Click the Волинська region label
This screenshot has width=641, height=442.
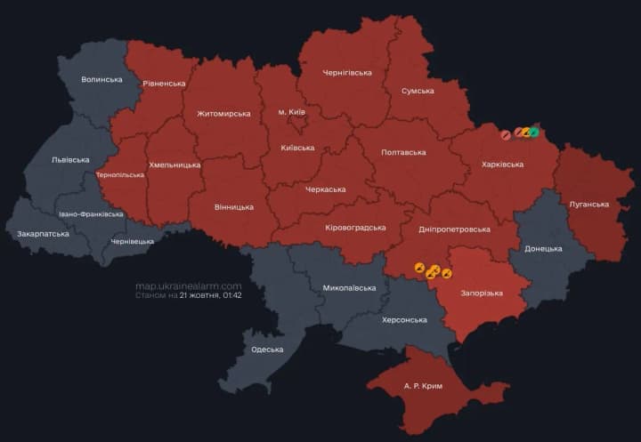[101, 79]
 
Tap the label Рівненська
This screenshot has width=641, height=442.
[164, 83]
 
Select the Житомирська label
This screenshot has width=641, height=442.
[223, 114]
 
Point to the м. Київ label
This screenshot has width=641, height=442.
[292, 111]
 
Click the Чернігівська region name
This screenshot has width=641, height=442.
[346, 71]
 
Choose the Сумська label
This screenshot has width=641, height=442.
[418, 91]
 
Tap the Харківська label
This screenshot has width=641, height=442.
[502, 165]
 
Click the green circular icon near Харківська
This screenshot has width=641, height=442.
[534, 133]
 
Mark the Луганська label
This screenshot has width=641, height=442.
[589, 204]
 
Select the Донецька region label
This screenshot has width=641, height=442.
[543, 248]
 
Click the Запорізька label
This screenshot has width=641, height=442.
[482, 293]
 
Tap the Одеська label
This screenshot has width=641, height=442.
[267, 350]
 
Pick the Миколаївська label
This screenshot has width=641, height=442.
[342, 288]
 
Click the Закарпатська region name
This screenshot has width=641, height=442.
[43, 234]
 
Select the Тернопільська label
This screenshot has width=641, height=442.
[119, 174]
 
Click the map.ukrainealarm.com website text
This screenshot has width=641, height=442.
[188, 286]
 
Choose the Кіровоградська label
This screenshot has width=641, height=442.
[355, 227]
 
